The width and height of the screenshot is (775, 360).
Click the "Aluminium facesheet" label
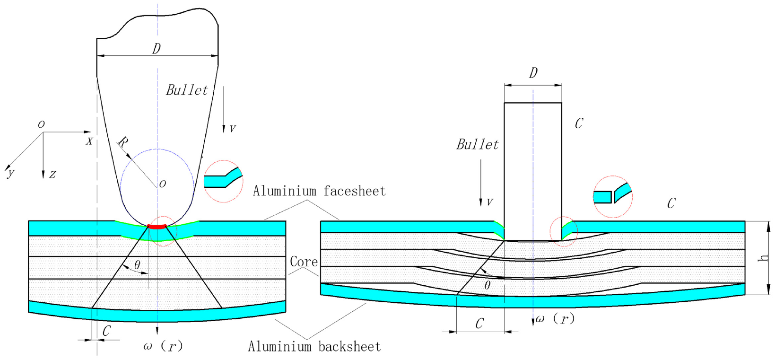319,191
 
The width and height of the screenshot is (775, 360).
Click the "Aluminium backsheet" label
314,346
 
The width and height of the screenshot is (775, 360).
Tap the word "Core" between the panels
304,262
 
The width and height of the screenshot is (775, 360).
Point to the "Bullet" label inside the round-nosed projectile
187,90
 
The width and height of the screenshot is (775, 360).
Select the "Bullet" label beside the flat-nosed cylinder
478,144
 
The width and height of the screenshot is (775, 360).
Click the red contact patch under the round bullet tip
157,227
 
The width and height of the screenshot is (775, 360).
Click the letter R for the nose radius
123,142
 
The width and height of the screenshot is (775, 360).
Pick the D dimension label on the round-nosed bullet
157,49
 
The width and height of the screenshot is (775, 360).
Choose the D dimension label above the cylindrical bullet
533,73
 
